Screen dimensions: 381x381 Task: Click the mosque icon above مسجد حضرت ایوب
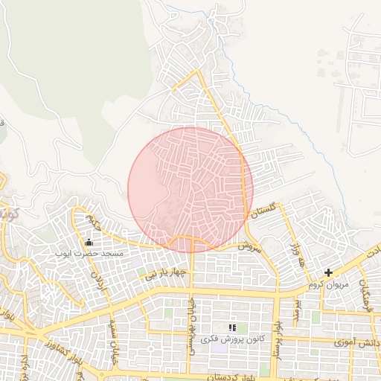[x=89, y=242]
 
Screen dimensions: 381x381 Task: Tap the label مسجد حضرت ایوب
[x=89, y=254]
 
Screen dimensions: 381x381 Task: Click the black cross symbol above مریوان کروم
[x=328, y=273]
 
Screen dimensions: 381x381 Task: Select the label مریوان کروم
[x=327, y=285]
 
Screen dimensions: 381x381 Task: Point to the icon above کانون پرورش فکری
[x=232, y=327]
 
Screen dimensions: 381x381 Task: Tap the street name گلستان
[x=269, y=211]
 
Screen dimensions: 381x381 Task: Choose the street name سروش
[x=252, y=246]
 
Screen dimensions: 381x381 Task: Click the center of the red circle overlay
[x=190, y=189]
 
